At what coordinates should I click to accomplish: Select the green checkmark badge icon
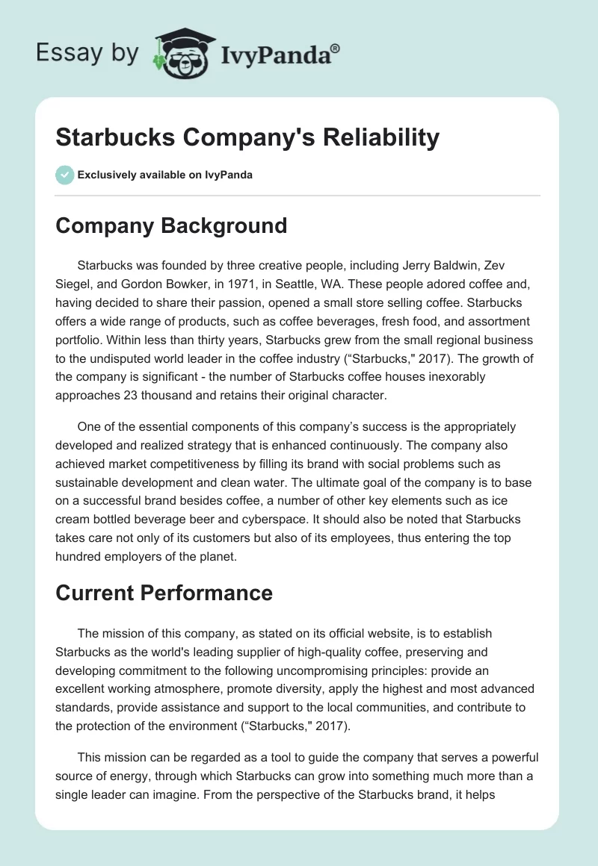(64, 175)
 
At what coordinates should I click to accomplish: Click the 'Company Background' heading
(171, 225)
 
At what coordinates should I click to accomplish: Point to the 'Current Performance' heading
(164, 593)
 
